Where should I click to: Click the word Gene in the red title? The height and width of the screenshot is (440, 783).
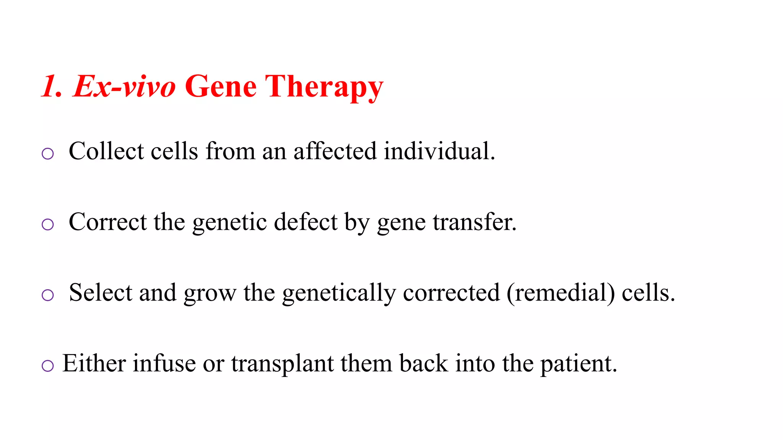[221, 87]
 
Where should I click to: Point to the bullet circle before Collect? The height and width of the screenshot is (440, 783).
[47, 154]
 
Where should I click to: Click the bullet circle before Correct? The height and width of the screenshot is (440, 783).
[47, 224]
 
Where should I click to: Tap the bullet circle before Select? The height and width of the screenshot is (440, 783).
[47, 295]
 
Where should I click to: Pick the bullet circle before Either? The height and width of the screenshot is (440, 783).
[47, 366]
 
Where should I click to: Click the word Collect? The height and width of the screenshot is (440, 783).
[106, 151]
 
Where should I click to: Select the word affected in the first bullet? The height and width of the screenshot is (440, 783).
[335, 151]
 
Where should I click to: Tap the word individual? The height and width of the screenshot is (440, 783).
[439, 151]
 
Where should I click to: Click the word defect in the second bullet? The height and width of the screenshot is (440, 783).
[305, 222]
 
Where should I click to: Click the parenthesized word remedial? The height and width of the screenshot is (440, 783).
[561, 293]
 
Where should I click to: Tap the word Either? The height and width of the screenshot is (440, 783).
[94, 363]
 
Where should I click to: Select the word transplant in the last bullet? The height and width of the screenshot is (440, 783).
[283, 364]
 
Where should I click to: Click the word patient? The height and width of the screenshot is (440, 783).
[578, 364]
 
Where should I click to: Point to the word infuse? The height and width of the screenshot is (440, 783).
[164, 363]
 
